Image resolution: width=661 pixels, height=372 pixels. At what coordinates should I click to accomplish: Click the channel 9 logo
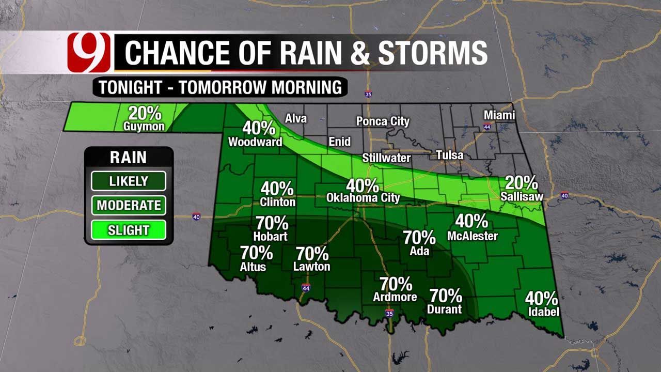[88, 52]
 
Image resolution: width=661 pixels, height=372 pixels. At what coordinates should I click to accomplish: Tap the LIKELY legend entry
[129, 181]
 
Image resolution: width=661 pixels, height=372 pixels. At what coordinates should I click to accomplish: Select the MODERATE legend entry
[129, 205]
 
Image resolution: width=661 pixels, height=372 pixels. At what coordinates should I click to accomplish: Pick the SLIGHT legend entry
[129, 230]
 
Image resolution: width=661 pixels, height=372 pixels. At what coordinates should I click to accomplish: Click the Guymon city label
[144, 126]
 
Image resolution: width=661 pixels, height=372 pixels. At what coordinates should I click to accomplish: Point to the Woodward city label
[255, 142]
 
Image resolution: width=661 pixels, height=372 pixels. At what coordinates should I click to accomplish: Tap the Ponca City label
[383, 121]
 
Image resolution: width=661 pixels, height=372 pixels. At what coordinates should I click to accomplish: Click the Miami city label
[499, 115]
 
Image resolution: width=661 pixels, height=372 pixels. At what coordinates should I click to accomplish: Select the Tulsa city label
[449, 155]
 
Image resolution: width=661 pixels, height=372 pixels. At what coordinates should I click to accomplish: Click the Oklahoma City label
[363, 198]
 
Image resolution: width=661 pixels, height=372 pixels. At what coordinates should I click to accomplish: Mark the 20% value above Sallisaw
[521, 183]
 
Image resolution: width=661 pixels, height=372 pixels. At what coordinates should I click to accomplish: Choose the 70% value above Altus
[256, 253]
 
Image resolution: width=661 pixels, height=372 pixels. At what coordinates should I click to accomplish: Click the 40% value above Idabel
[542, 299]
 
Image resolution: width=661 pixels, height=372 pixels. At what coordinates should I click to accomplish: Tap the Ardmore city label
[395, 297]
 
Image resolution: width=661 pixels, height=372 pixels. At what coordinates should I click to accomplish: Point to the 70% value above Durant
[446, 296]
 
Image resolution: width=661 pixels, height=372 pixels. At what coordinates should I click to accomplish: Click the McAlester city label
[473, 236]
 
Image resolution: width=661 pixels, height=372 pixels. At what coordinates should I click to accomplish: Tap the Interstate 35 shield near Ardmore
[389, 314]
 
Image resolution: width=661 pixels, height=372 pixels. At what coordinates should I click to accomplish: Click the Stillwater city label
[386, 158]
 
